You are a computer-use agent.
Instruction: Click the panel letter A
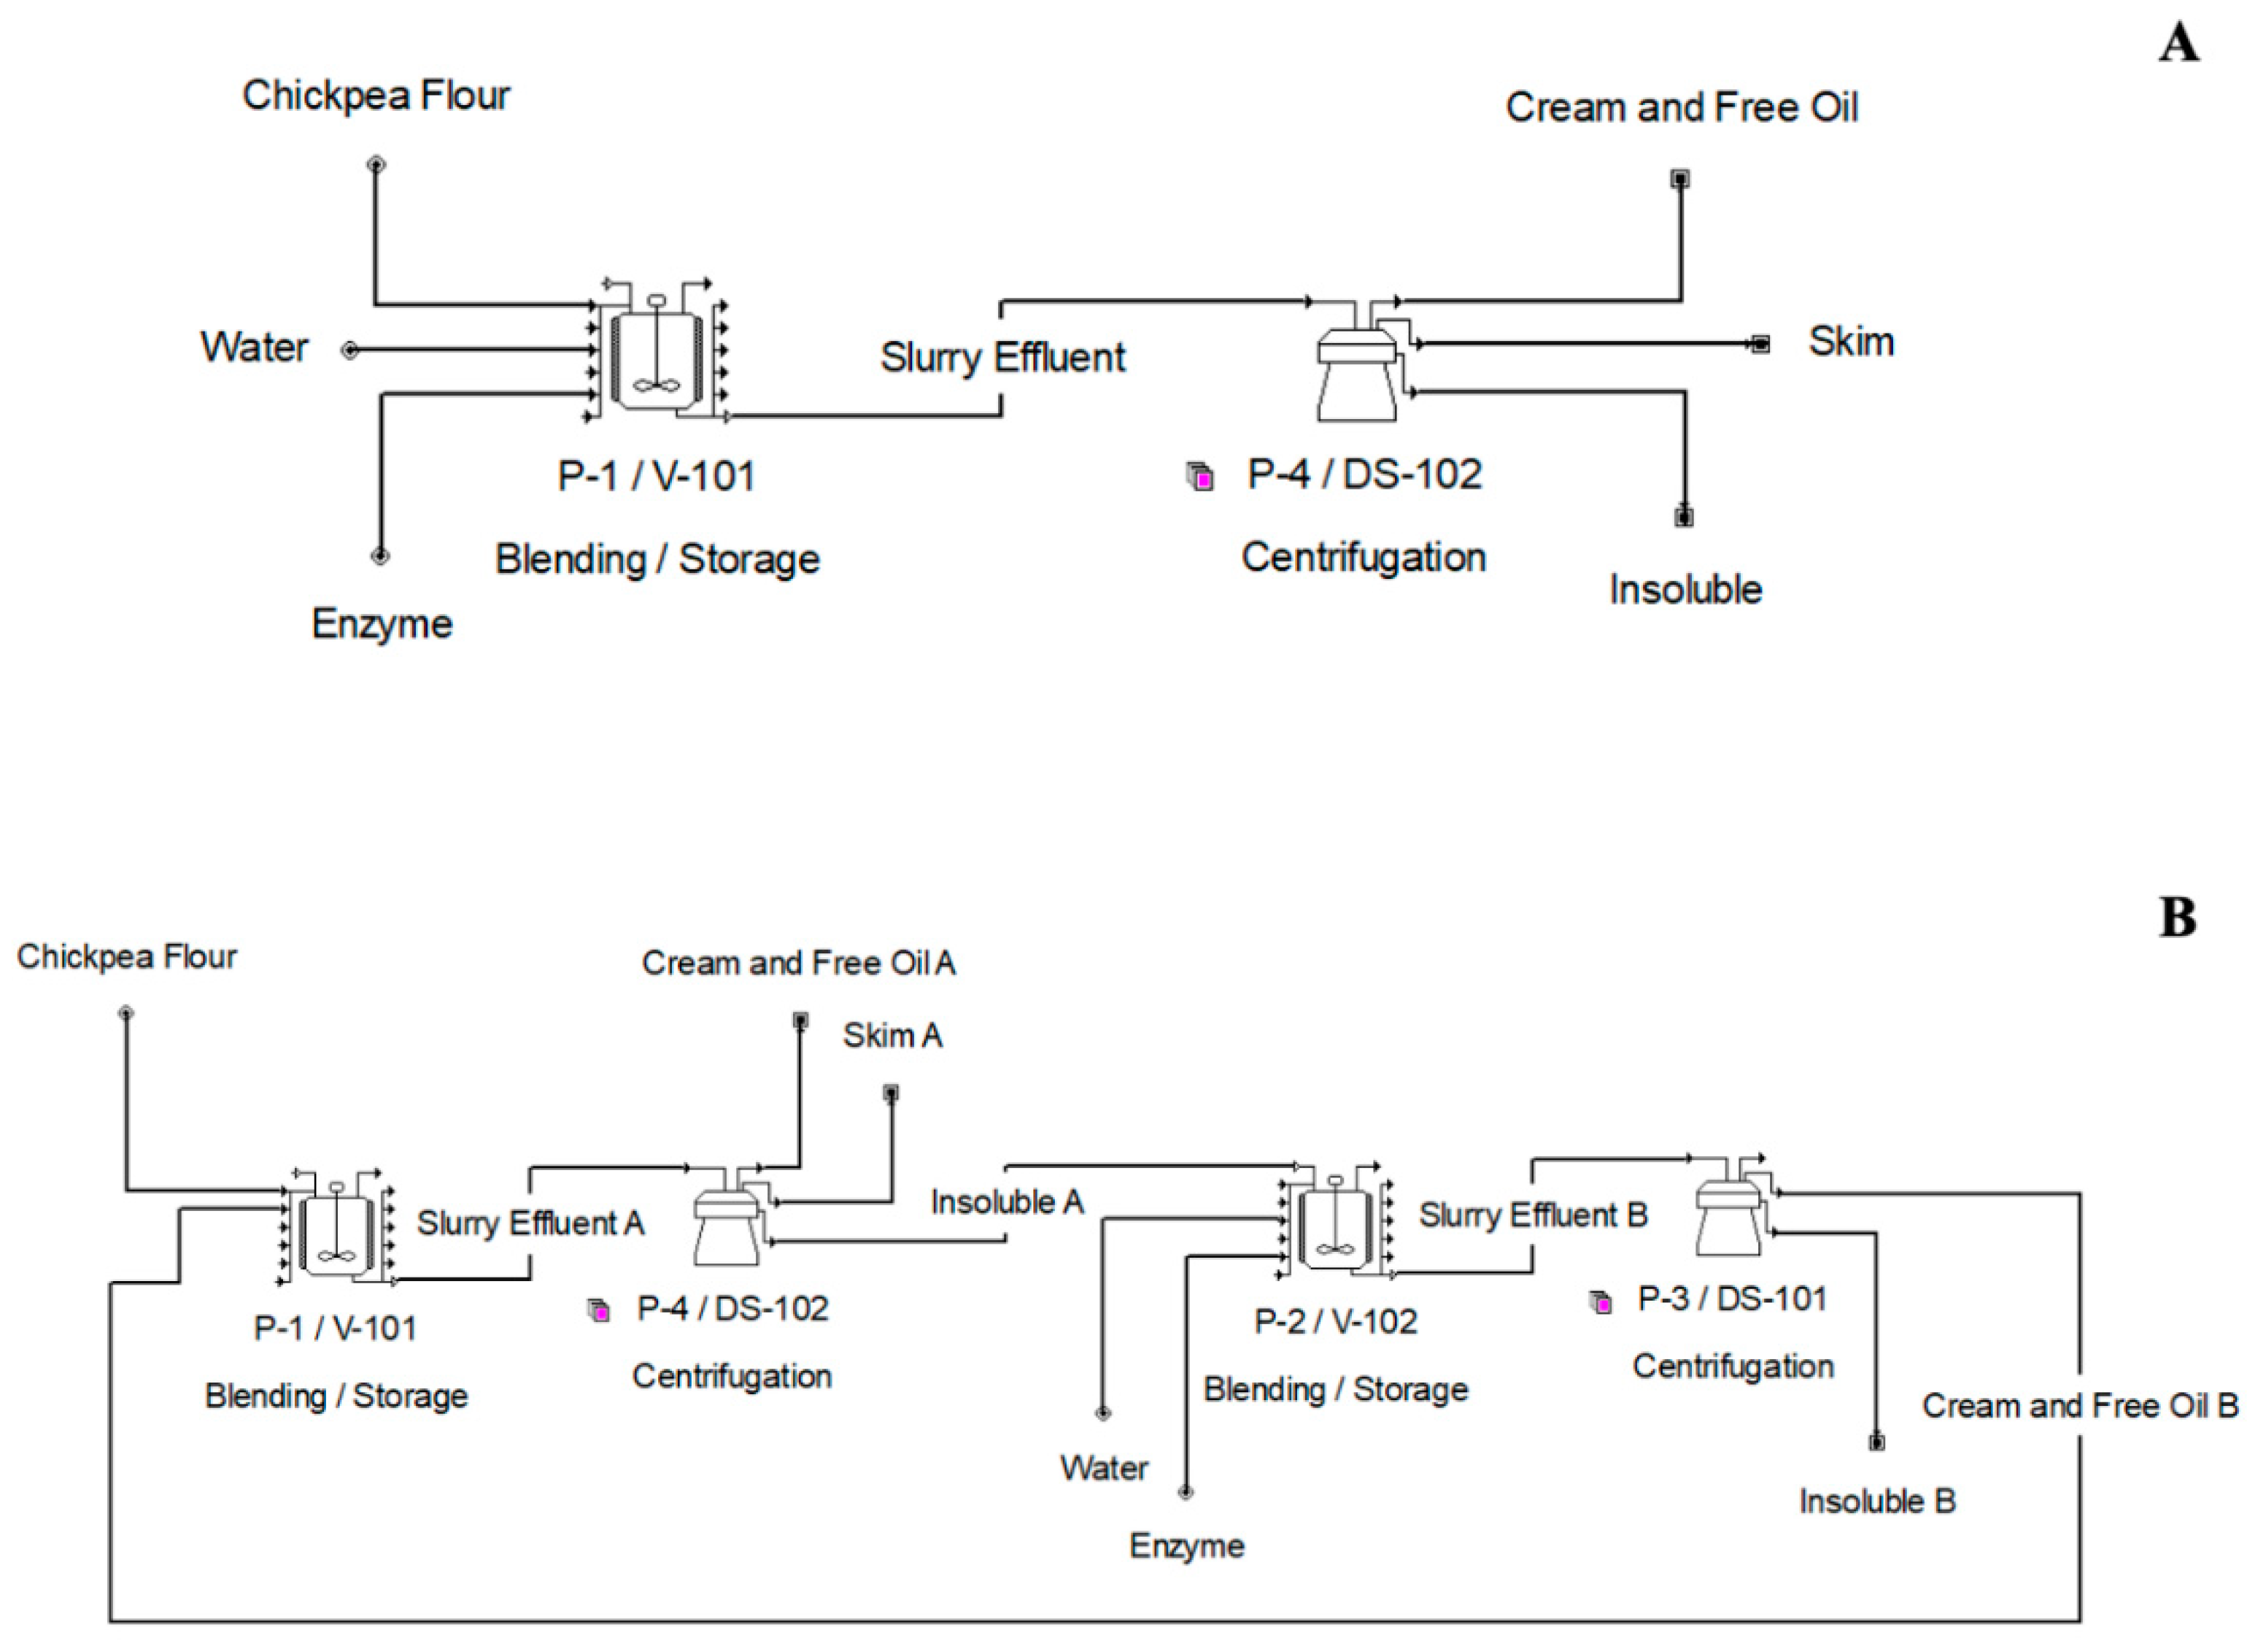coord(2178,44)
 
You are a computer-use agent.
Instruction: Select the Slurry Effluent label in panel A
coord(1002,358)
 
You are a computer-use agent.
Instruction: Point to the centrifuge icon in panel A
coord(1357,370)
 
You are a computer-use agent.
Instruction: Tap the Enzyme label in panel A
coord(382,623)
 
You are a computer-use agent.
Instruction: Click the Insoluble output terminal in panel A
coord(1684,518)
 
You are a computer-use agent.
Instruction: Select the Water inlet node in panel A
coord(349,350)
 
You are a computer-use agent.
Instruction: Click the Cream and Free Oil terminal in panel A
coord(1680,179)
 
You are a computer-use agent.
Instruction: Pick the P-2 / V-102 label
coord(1336,1322)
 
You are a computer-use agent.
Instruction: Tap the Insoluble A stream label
coord(1007,1202)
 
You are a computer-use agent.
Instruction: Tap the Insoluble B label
coord(1877,1501)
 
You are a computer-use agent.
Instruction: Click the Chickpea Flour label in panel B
coord(127,958)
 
